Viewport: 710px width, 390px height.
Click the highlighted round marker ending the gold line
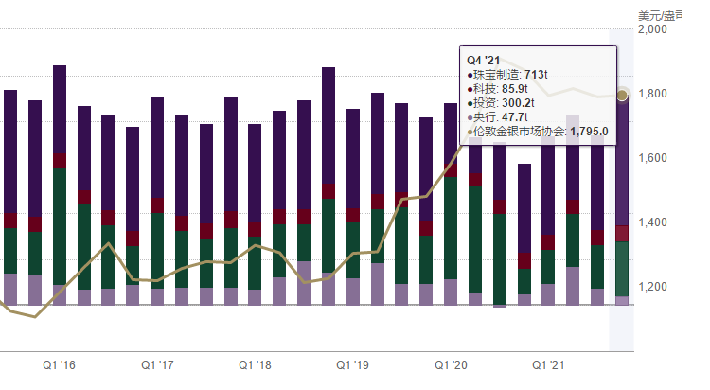coord(623,95)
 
